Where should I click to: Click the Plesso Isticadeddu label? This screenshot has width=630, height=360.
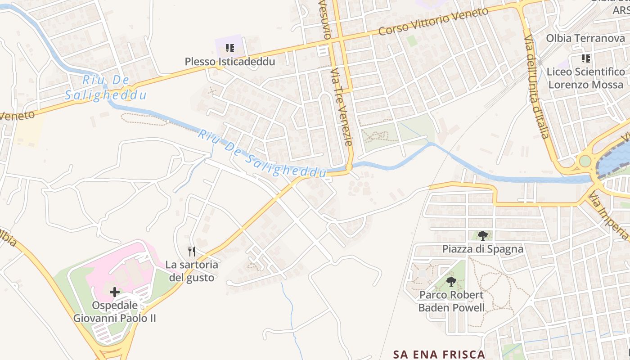(229, 62)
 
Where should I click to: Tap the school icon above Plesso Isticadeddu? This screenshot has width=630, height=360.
(230, 48)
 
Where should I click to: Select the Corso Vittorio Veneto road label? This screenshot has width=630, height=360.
(433, 21)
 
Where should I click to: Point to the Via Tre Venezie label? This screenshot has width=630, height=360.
(341, 107)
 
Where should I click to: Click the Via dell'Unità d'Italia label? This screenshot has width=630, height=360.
(537, 86)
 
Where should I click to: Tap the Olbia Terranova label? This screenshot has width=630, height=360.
(585, 38)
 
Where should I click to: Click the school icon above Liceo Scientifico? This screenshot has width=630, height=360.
(585, 58)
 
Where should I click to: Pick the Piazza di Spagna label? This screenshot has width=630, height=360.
(482, 249)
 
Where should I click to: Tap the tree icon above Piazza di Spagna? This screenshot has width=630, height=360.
(482, 235)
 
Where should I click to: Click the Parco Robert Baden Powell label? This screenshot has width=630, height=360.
(451, 301)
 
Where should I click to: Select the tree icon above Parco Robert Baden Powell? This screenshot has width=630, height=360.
(451, 282)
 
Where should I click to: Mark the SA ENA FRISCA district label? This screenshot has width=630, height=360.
(439, 354)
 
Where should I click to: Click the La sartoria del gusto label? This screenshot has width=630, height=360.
(192, 271)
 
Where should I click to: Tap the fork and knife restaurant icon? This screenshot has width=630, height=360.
(192, 251)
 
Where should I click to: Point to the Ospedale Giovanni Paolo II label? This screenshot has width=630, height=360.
(115, 311)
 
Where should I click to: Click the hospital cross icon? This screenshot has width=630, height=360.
(115, 292)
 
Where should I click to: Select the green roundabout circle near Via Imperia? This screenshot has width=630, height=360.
(585, 161)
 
